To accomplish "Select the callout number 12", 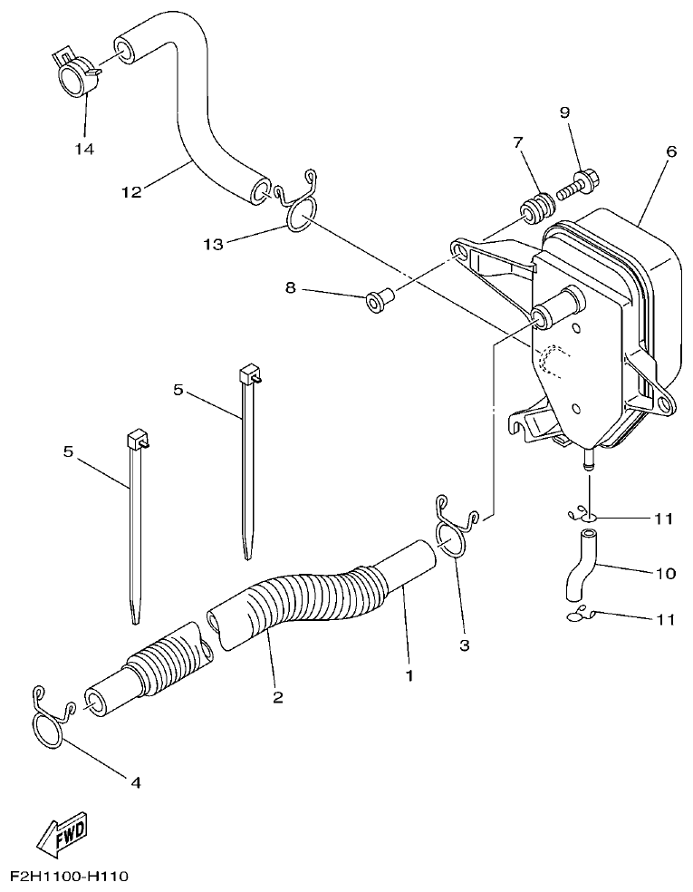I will click(x=132, y=191).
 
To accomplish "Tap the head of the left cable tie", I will click(x=136, y=441).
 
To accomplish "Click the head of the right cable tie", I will click(x=248, y=374).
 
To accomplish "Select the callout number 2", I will click(x=278, y=697).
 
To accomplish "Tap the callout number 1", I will click(x=409, y=675).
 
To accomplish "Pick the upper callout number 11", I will click(x=664, y=519).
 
